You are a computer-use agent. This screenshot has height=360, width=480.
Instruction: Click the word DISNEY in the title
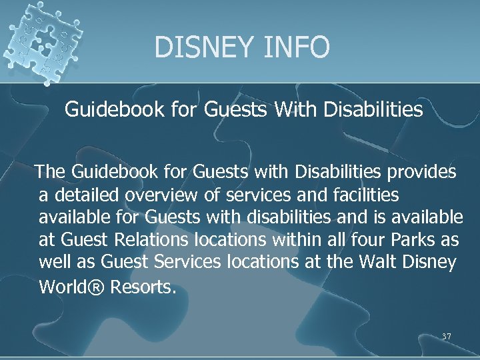[x=201, y=47]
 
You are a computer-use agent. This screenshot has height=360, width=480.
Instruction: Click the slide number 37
[x=447, y=337]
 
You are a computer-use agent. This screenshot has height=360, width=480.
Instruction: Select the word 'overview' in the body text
[x=163, y=195]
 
